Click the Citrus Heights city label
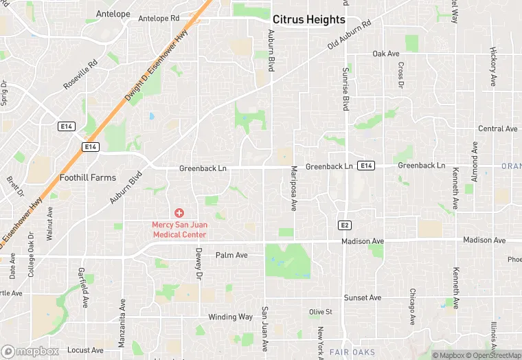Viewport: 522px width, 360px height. point(308,19)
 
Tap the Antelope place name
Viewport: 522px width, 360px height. point(113,14)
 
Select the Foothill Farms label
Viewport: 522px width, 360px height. point(88,177)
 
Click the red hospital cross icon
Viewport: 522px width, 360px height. point(179,213)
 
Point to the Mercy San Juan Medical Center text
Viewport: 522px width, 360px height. point(179,229)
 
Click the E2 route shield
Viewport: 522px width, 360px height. point(345,225)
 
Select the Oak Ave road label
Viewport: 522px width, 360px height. point(385,54)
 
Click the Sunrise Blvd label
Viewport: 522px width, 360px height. point(345,89)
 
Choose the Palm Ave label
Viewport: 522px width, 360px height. point(231,255)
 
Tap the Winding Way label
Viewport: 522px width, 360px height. point(231,317)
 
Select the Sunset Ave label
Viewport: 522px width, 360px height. point(362,297)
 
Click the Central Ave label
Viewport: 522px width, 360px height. point(498,128)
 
